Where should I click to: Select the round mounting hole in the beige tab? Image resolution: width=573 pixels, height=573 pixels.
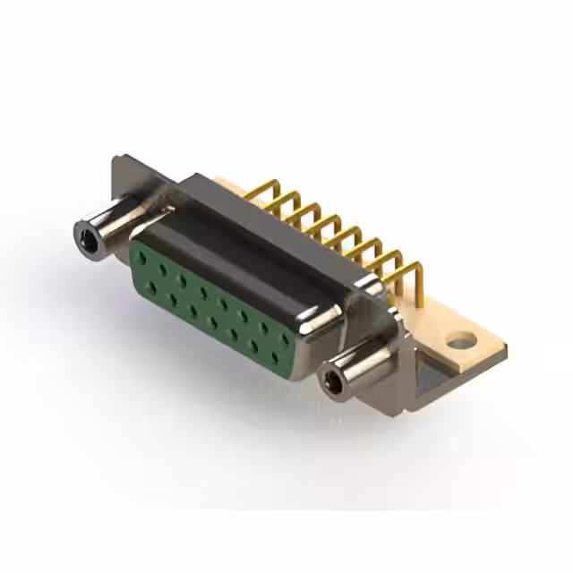pos(460,341)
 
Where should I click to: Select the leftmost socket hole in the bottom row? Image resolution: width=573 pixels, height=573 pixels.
pos(152,286)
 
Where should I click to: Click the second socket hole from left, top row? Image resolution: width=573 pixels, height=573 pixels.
pos(162,269)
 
